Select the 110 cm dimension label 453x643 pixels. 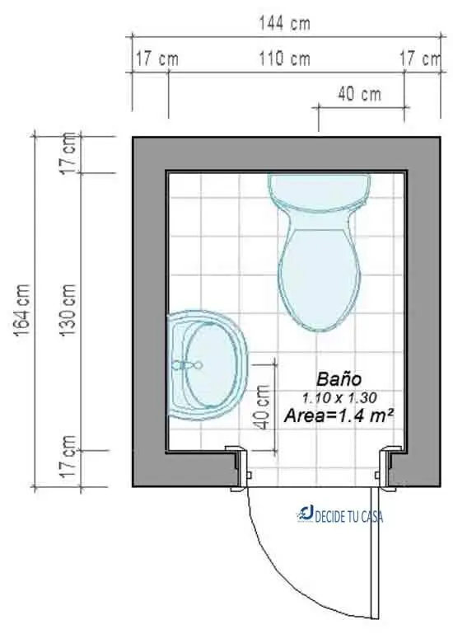283,59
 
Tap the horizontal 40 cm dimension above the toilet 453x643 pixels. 359,94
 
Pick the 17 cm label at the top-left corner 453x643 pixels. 156,59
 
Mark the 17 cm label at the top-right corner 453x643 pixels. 420,59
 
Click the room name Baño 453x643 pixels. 339,380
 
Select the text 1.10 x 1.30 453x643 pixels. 339,398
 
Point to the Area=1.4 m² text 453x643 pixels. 339,416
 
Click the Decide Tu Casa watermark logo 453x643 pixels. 339,516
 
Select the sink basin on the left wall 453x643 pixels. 208,365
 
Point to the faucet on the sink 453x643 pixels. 186,364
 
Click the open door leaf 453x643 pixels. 376,552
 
